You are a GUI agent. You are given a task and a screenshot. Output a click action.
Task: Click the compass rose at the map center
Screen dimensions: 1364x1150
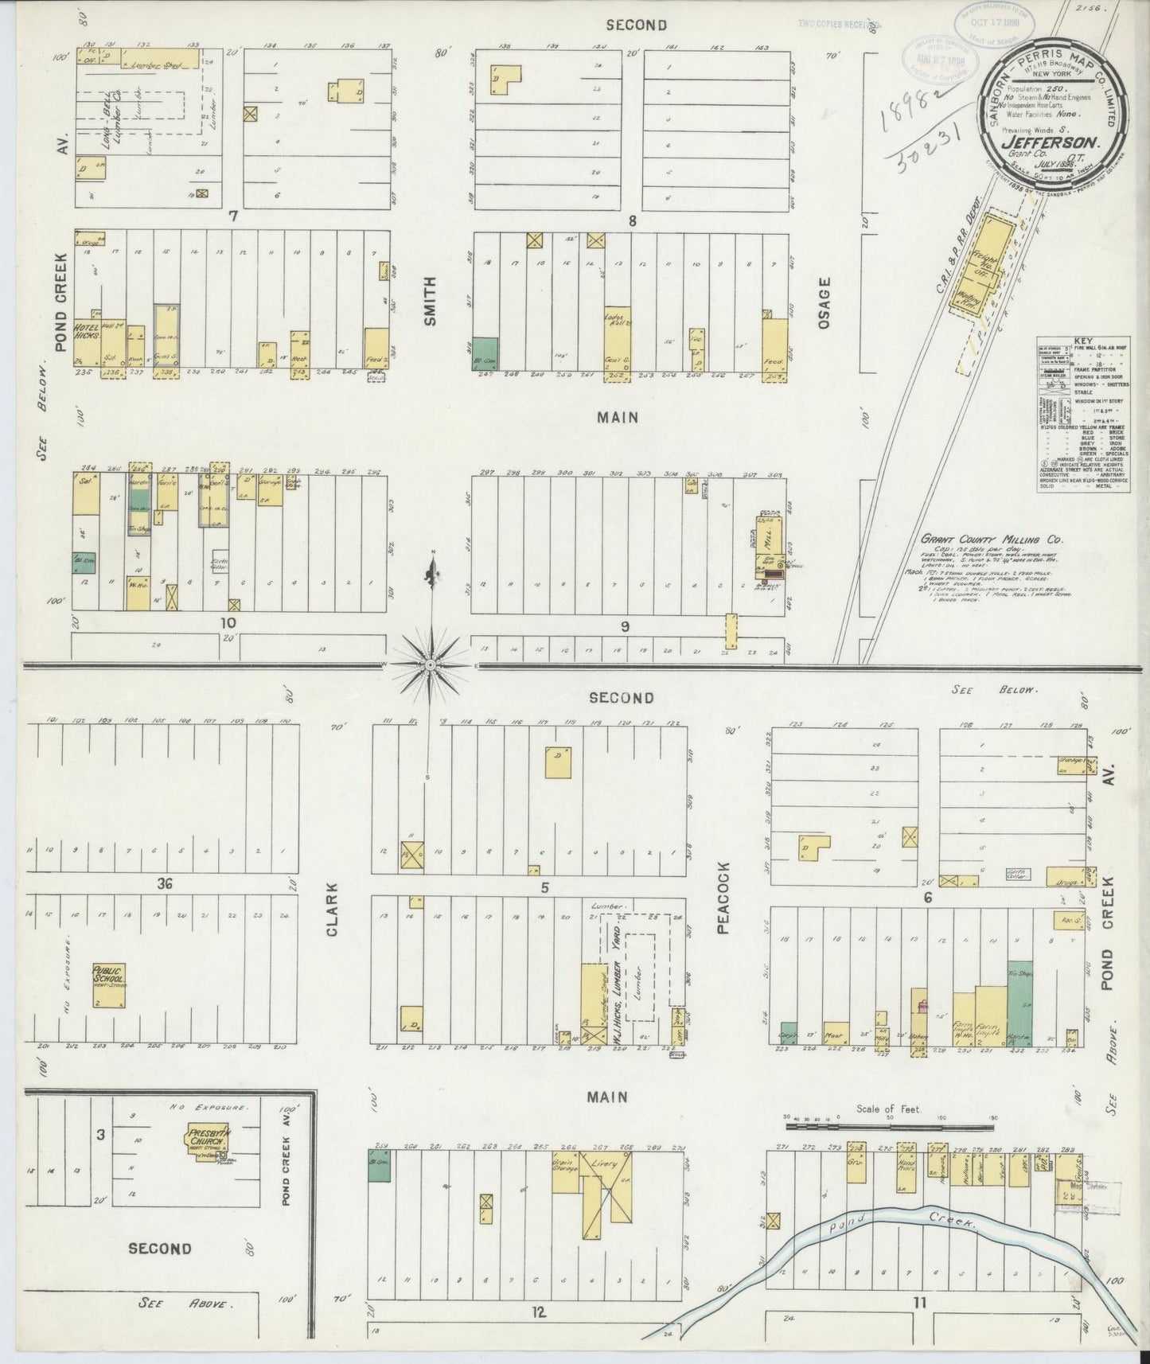430,663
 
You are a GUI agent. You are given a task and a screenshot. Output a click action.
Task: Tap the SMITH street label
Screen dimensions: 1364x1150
431,300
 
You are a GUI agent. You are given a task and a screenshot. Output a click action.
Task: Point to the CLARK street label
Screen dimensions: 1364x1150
333,907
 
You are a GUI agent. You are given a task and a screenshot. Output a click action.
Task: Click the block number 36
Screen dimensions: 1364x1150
165,882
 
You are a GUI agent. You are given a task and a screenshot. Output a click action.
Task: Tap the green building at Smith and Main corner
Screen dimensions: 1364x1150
485,352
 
